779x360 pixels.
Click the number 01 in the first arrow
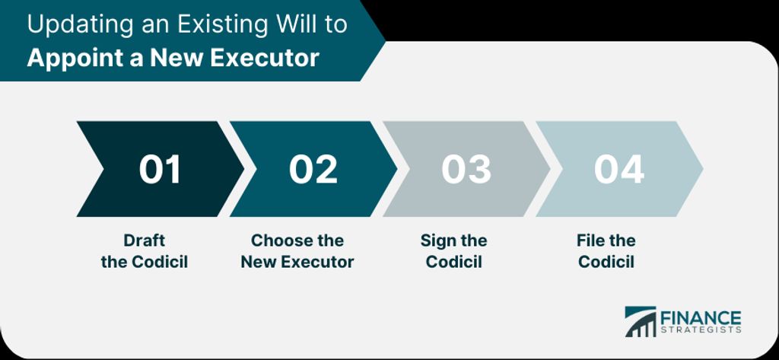coord(160,169)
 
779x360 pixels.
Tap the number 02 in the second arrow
coord(313,169)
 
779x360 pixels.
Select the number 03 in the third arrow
coord(466,169)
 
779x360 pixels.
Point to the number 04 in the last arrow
coord(619,169)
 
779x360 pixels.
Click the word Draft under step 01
coord(144,241)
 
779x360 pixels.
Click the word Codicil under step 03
coord(454,262)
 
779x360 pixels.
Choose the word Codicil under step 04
coord(606,262)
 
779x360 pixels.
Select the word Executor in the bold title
coord(264,58)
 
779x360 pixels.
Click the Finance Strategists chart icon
coord(640,322)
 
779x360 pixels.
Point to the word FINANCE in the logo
coord(701,318)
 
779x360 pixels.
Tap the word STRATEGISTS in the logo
coord(701,330)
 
